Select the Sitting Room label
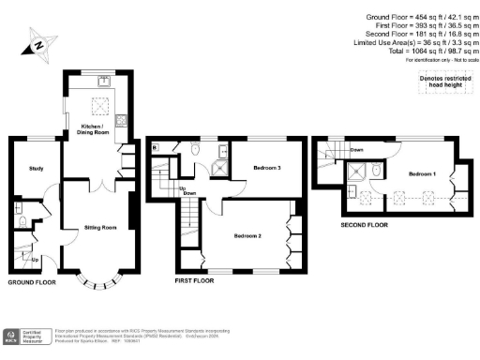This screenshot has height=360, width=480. pyautogui.click(x=98, y=228)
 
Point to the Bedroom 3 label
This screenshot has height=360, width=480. pyautogui.click(x=267, y=169)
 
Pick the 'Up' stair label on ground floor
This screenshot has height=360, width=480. pyautogui.click(x=36, y=260)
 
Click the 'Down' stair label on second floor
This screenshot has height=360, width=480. pyautogui.click(x=357, y=150)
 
